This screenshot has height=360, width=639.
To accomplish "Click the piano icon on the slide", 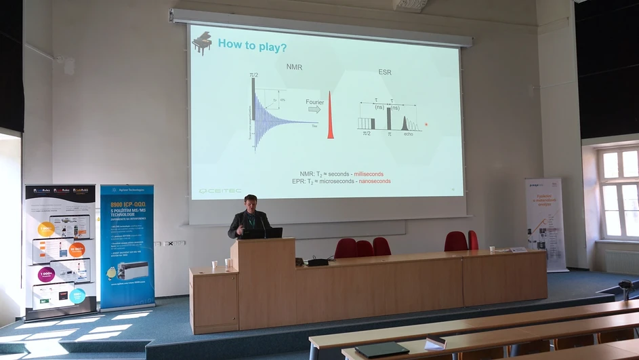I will pyautogui.click(x=202, y=43).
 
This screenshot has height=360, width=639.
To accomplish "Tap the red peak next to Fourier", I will pyautogui.click(x=331, y=116).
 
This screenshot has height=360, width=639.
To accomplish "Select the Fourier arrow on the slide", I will pyautogui.click(x=314, y=108).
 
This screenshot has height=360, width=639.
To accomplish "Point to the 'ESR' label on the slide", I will pyautogui.click(x=385, y=72).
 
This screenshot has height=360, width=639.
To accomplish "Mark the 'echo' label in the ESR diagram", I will pyautogui.click(x=408, y=134).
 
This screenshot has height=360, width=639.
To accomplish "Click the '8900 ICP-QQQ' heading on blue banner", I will pyautogui.click(x=126, y=205).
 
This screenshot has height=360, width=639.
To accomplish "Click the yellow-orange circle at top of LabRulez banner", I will pyautogui.click(x=46, y=229).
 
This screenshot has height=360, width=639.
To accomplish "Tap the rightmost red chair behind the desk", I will pyautogui.click(x=472, y=240).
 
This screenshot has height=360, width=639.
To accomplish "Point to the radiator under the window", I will pyautogui.click(x=621, y=262).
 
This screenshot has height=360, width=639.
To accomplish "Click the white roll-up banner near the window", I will pyautogui.click(x=545, y=223).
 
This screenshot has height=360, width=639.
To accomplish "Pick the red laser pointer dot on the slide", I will pyautogui.click(x=426, y=125).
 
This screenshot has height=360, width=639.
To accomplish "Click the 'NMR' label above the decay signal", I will pyautogui.click(x=293, y=66).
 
